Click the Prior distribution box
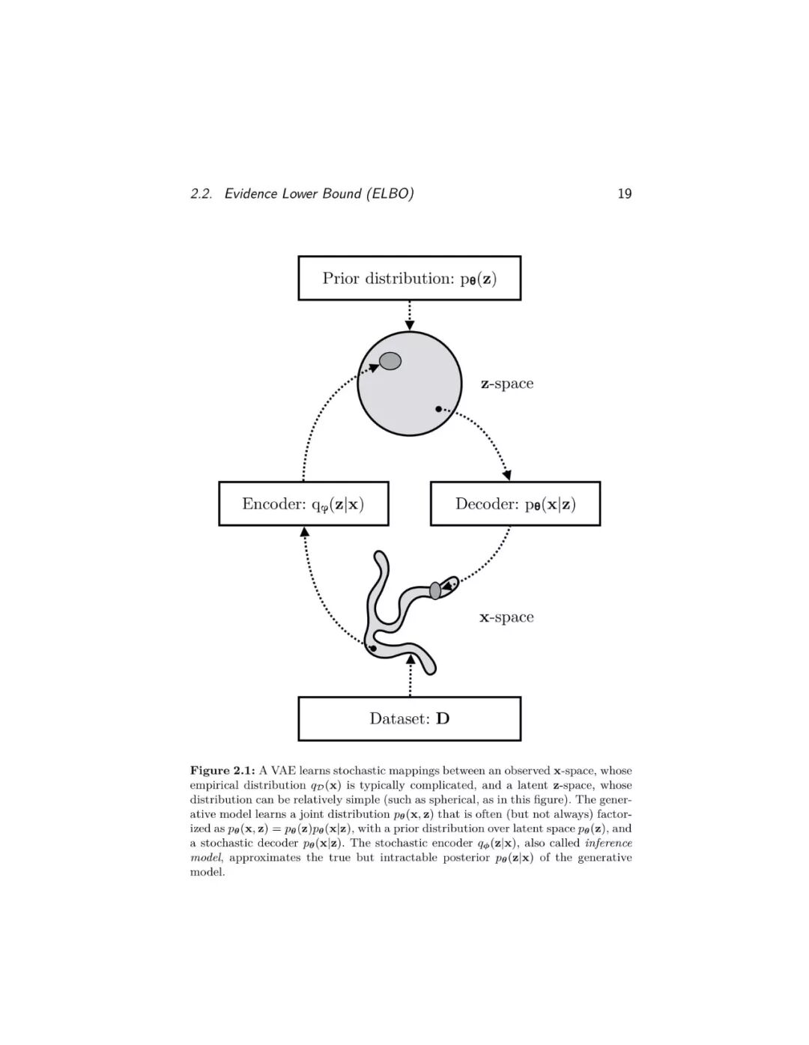click(409, 278)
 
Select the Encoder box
click(303, 503)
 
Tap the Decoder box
click(515, 503)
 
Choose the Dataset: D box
click(409, 718)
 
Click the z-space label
click(507, 384)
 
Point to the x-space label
click(506, 617)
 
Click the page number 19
click(624, 193)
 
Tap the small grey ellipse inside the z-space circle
click(390, 361)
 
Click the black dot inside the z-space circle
click(438, 409)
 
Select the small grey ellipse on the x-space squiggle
click(435, 590)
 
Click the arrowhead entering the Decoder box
click(507, 475)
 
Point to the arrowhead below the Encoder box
click(304, 531)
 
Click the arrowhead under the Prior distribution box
click(409, 325)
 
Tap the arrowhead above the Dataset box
click(410, 658)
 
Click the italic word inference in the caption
click(608, 843)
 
